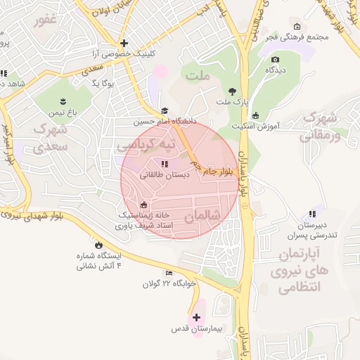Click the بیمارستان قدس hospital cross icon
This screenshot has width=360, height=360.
[x=195, y=317]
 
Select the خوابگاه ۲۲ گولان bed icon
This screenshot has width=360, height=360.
[x=168, y=273]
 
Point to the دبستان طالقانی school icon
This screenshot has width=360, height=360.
[x=165, y=164]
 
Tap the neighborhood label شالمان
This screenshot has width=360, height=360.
[x=202, y=215]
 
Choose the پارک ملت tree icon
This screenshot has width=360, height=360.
[x=232, y=91]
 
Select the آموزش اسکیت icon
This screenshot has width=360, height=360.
[x=255, y=115]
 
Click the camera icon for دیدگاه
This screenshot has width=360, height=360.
[x=275, y=59]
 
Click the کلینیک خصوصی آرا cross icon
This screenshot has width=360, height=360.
[x=124, y=43]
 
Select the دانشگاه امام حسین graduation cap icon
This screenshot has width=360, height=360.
[x=165, y=110]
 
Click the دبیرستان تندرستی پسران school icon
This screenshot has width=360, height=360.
[x=311, y=214]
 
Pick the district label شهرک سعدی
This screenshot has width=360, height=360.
[x=50, y=138]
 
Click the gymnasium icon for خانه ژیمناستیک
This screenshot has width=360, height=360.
[x=144, y=205]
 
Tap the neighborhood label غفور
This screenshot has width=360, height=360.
[x=45, y=20]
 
